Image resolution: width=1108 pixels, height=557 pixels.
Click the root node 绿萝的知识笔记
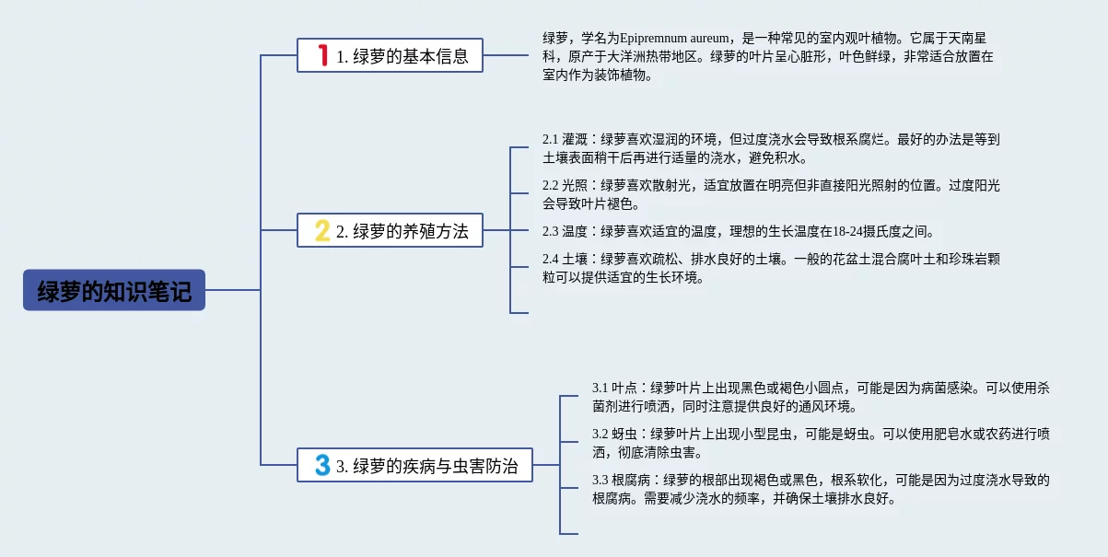[x=114, y=290]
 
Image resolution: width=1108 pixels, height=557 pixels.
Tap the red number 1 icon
[x=323, y=55]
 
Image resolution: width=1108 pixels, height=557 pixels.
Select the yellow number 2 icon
[x=322, y=230]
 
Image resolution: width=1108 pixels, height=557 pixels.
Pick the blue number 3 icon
[x=322, y=465]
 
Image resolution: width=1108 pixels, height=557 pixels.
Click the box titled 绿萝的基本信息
[x=390, y=55]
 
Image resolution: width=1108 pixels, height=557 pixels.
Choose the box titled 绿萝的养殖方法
[x=390, y=230]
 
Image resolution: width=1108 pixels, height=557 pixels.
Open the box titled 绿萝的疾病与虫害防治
[x=414, y=465]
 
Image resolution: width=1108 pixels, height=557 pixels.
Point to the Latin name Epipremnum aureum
[x=673, y=38]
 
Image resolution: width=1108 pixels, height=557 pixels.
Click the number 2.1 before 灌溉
[x=550, y=139]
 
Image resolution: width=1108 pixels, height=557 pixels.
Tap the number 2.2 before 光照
[x=550, y=185]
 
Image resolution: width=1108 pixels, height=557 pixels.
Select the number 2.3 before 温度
[x=550, y=231]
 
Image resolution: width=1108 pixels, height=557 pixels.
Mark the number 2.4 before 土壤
[x=550, y=259]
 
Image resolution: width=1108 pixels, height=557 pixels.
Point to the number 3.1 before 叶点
[x=600, y=388]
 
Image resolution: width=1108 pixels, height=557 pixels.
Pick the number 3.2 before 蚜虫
[x=600, y=434]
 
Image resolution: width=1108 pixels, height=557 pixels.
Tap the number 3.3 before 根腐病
[x=600, y=480]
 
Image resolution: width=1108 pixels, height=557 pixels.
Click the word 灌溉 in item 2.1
[x=575, y=139]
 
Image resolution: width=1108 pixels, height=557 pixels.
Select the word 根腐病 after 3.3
[x=631, y=480]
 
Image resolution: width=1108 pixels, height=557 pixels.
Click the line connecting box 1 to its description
[x=506, y=55]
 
